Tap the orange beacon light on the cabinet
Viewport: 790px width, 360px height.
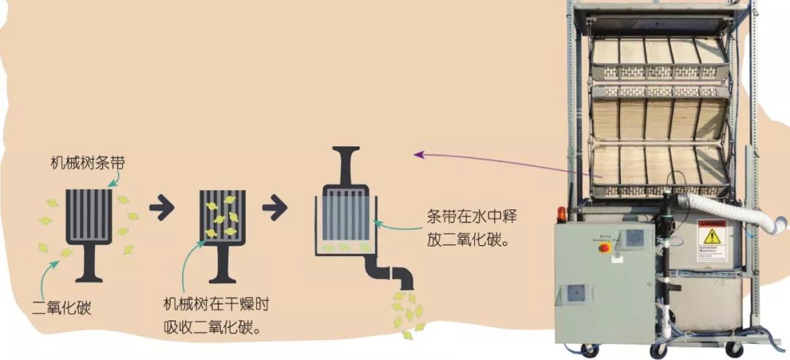click(x=562, y=214)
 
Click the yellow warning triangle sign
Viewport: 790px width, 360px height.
click(x=710, y=236)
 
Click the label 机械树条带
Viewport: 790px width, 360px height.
click(x=87, y=162)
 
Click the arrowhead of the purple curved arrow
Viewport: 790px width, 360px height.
click(x=418, y=154)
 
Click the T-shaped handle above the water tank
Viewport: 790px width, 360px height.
click(x=347, y=158)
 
